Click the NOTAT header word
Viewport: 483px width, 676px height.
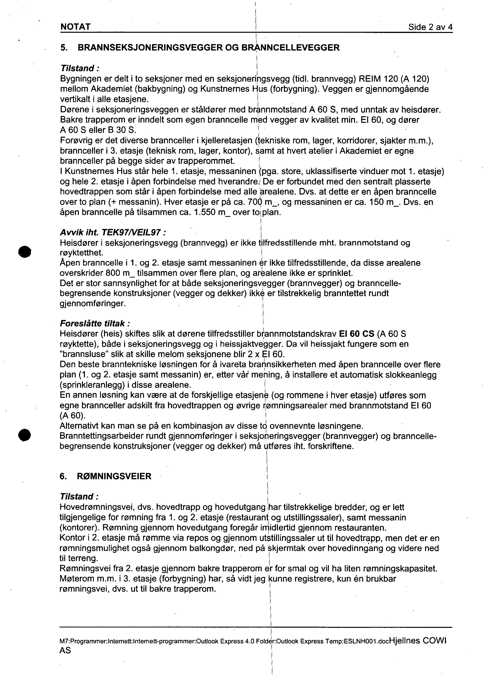pos(75,27)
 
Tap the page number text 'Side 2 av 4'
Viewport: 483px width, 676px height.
pos(430,27)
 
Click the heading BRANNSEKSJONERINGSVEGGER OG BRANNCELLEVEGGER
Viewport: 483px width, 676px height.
pos(208,48)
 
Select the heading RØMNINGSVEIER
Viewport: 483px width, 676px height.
pos(114,476)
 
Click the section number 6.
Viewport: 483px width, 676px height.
pos(63,476)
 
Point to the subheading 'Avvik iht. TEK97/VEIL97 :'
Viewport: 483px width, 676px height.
pos(113,232)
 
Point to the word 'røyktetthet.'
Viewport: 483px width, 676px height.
pos(82,253)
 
